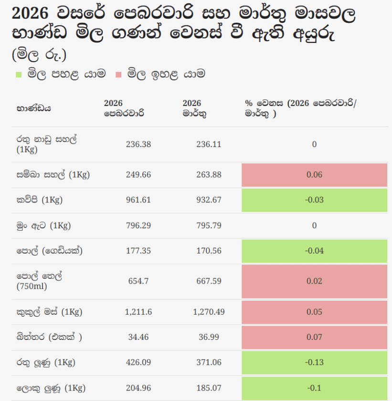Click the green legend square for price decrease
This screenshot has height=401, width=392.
click(x=19, y=74)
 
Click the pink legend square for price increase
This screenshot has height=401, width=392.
click(x=118, y=74)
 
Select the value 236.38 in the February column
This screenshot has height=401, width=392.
click(x=138, y=144)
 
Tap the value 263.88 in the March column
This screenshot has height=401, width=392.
click(x=209, y=175)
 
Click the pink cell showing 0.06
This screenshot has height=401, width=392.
click(x=314, y=175)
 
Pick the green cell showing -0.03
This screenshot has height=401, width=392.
click(x=314, y=200)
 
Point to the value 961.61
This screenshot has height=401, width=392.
click(x=138, y=200)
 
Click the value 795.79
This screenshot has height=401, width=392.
click(x=209, y=225)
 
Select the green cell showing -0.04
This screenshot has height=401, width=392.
click(x=314, y=251)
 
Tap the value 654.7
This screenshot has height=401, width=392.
click(x=138, y=281)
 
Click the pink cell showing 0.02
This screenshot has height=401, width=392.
click(x=314, y=282)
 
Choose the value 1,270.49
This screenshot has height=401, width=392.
click(x=209, y=312)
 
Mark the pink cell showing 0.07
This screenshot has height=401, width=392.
click(x=314, y=338)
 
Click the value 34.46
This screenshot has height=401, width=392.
click(x=138, y=337)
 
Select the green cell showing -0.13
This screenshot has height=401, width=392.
click(x=314, y=363)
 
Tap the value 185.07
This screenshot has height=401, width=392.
click(x=209, y=388)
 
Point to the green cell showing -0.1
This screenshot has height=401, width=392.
click(x=314, y=388)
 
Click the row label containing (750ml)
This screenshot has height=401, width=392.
click(x=39, y=281)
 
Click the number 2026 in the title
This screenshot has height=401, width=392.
click(x=30, y=13)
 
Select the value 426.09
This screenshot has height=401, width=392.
click(x=138, y=362)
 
